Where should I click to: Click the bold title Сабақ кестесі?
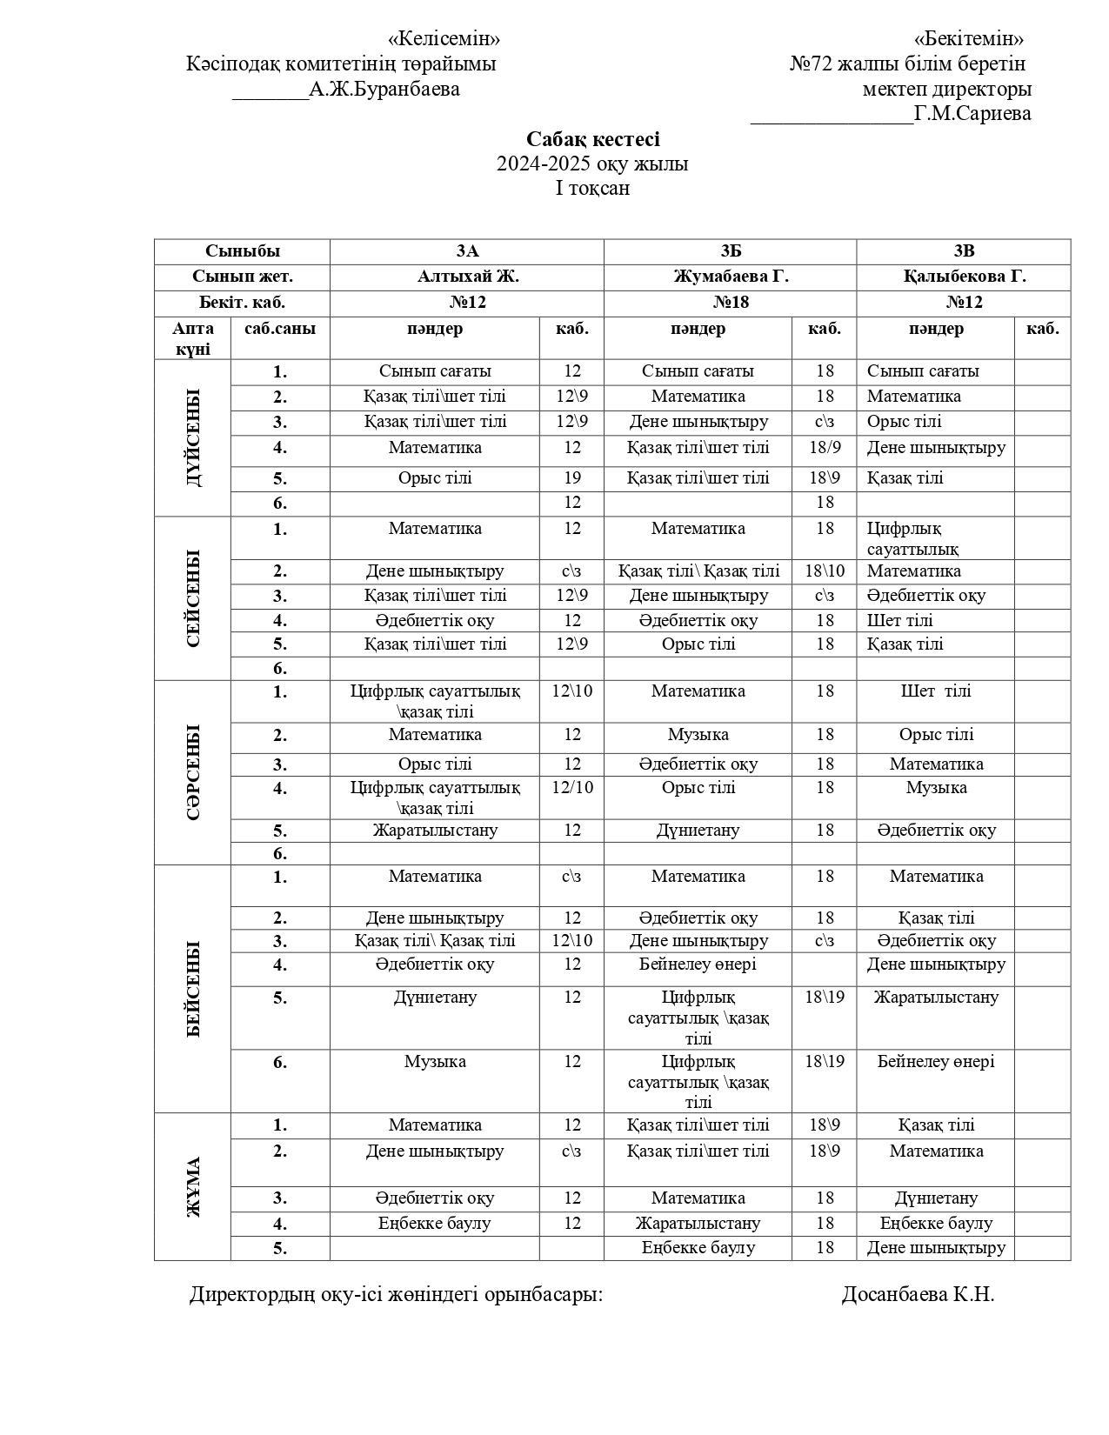[x=592, y=139]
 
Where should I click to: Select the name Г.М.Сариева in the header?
[x=972, y=113]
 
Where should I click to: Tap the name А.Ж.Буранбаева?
[x=384, y=89]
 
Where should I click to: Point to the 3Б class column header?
[x=730, y=251]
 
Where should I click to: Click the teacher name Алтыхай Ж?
[x=467, y=277]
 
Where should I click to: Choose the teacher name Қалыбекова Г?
[x=963, y=277]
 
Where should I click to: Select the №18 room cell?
[x=730, y=303]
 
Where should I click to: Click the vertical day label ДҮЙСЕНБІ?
[x=192, y=437]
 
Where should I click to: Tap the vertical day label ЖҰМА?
[x=192, y=1186]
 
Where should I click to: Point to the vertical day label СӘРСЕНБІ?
[x=192, y=771]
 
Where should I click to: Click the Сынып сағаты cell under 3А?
[x=435, y=371]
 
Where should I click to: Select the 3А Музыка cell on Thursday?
[x=435, y=1062]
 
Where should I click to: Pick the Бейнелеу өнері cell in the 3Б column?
[x=698, y=964]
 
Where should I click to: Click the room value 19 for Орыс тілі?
[x=571, y=478]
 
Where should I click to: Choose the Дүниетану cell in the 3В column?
[x=936, y=1198]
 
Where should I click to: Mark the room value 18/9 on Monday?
[x=825, y=448]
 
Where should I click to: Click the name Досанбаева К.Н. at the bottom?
[x=918, y=1294]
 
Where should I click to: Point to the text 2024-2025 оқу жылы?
[x=592, y=164]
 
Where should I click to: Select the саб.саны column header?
[x=279, y=329]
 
